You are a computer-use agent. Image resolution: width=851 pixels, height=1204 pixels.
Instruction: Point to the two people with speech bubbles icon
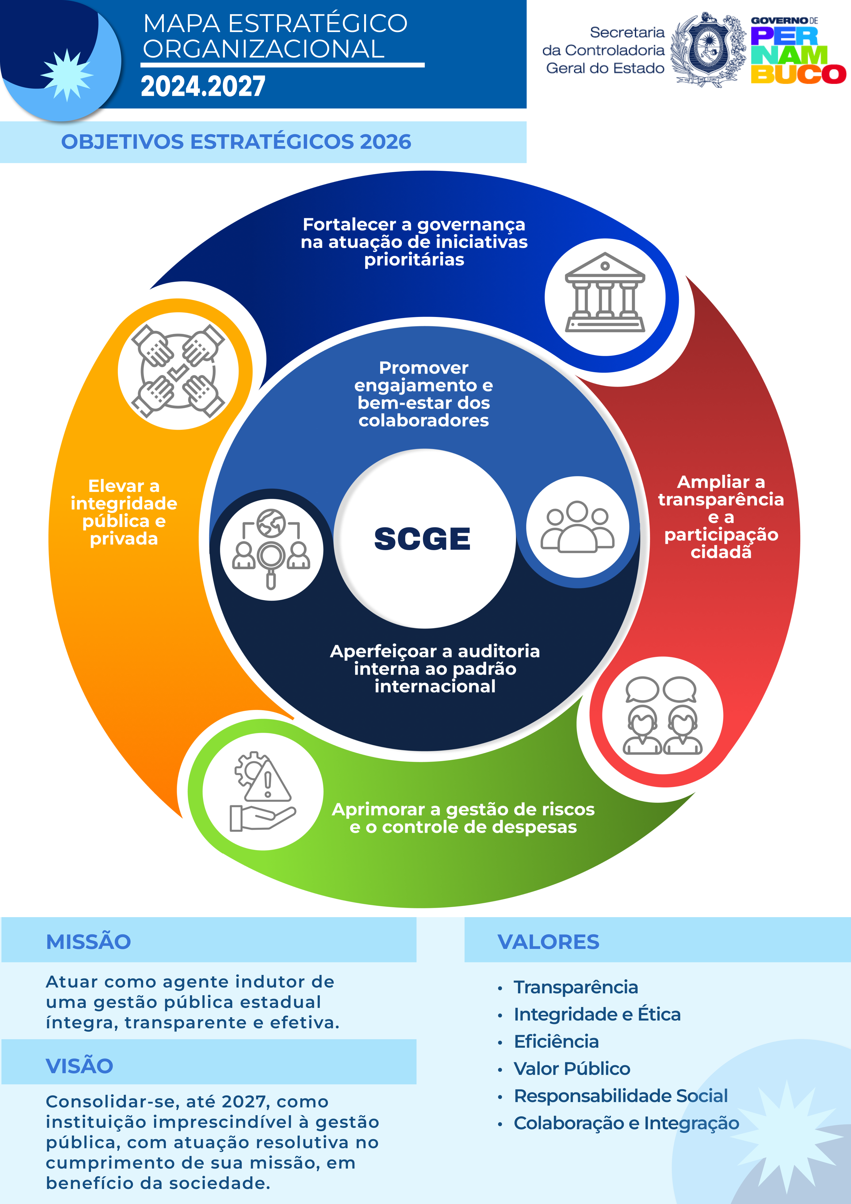662,716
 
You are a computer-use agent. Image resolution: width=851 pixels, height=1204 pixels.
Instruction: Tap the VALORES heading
548,942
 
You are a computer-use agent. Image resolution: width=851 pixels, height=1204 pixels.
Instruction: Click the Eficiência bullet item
556,1041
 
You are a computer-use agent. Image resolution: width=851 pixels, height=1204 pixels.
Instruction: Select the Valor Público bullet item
572,1069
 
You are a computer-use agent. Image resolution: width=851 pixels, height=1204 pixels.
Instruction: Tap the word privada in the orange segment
124,539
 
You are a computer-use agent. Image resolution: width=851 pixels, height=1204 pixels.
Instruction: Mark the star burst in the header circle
66,75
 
